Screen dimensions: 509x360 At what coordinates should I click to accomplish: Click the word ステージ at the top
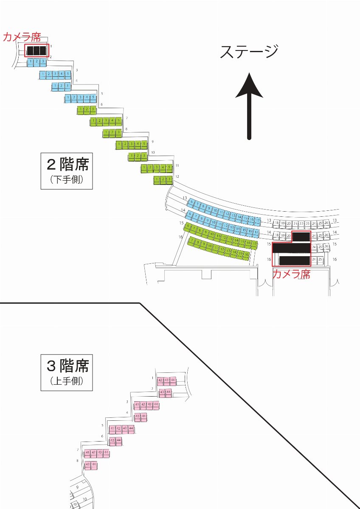249,52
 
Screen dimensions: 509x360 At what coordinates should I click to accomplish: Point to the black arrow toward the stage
249,106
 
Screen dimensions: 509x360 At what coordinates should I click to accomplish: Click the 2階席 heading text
67,164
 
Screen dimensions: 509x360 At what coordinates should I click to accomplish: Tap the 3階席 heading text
67,365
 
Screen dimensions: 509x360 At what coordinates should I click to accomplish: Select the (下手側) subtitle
67,180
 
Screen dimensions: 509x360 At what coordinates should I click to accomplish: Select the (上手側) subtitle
67,381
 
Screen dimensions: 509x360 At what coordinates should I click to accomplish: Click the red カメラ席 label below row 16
291,274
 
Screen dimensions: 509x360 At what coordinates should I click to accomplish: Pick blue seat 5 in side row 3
67,75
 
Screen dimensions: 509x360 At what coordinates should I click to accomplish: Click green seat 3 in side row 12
169,180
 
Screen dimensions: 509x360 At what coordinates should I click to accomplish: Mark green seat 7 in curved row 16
194,241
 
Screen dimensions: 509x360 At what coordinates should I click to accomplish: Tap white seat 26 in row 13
326,223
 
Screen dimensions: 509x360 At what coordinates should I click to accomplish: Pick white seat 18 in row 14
276,235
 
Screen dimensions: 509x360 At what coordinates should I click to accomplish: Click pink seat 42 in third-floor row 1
160,380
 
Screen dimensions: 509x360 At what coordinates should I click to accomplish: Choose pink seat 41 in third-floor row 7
87,453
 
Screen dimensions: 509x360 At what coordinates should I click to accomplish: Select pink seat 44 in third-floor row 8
94,465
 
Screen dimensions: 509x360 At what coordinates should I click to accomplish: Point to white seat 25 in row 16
320,259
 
